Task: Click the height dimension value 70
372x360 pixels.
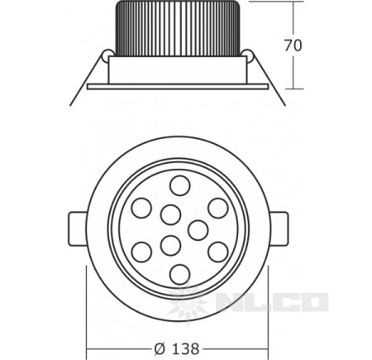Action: point(293,46)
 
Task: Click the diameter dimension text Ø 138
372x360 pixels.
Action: point(177,348)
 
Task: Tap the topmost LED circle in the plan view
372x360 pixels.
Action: point(180,185)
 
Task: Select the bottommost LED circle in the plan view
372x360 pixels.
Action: point(180,274)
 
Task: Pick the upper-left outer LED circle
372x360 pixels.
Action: point(141,208)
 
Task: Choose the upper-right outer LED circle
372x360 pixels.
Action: point(218,208)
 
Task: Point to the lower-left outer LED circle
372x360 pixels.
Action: point(141,252)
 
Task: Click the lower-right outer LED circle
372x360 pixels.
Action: point(218,252)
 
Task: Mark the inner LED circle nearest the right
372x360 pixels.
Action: point(198,230)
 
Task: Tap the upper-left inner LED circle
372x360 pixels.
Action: point(171,214)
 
